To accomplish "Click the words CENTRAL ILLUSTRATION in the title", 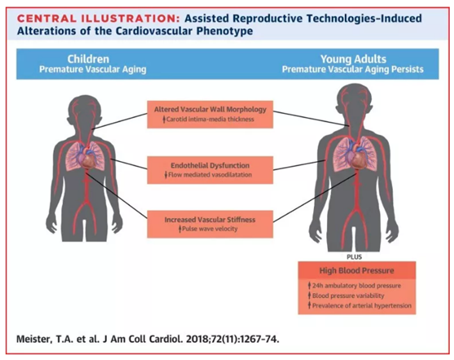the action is [98, 19].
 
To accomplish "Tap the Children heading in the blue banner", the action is [89, 59].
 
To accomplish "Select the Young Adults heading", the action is [353, 59].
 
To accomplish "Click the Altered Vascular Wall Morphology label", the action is [210, 109].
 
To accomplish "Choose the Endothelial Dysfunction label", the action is [210, 165].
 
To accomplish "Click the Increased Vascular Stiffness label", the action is [210, 219].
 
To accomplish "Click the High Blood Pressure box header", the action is [356, 270].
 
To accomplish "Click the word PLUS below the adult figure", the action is [354, 257].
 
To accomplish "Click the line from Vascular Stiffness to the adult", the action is [315, 198].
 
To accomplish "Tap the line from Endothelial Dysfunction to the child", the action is [129, 164].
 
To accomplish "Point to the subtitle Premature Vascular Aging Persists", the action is [352, 69].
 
